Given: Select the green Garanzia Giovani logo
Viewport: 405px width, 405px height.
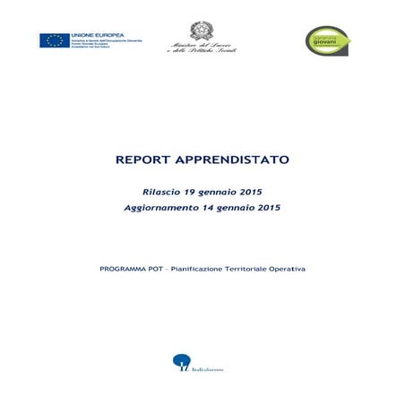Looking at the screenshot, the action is pos(328,39).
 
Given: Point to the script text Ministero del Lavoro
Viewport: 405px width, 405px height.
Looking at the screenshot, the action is pos(202,46).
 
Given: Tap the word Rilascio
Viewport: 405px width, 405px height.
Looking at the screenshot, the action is pos(160,192).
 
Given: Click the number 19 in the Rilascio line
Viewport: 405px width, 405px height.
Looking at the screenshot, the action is pos(189,192).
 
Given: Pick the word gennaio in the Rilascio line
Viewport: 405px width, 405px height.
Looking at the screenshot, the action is pos(220,192).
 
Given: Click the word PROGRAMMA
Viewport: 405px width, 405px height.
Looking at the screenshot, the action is pos(125,269).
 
